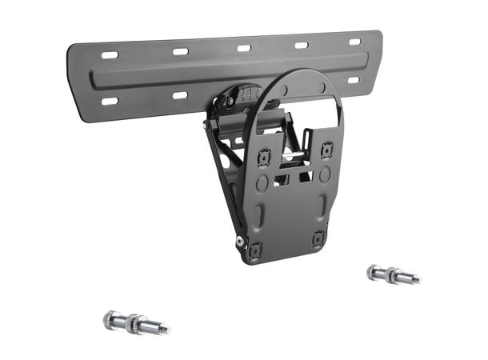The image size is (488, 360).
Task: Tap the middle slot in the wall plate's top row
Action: pos(243,48)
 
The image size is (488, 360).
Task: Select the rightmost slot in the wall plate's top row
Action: pos(354,42)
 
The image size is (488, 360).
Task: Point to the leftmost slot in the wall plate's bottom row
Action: pos(110,102)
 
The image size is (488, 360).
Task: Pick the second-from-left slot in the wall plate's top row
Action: pos(181,52)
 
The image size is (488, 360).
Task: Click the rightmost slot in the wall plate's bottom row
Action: pos(353,80)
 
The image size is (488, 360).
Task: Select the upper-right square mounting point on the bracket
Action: pos(326,150)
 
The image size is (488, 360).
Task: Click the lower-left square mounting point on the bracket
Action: pos(255,250)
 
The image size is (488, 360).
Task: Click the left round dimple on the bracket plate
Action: pos(262,183)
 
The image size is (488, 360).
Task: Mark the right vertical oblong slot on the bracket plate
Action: pos(322,206)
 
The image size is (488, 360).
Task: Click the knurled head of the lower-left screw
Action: pos(110,320)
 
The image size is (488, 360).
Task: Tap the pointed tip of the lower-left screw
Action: pos(165,328)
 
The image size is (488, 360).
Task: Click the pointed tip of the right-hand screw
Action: pos(416,280)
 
